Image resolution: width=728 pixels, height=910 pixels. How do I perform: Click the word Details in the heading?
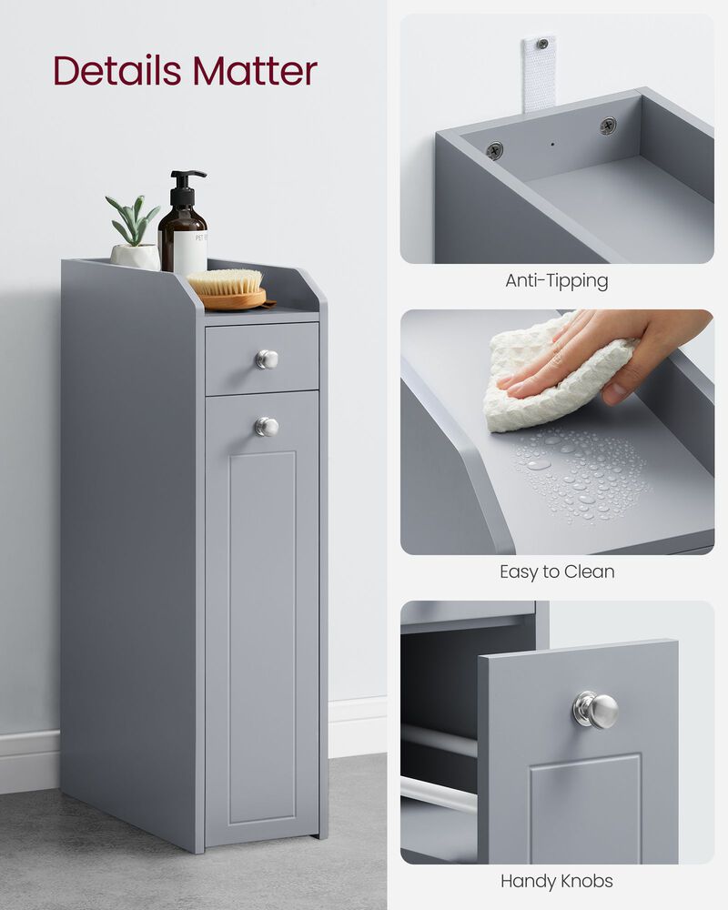[115, 71]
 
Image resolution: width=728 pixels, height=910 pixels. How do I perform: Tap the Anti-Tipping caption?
[556, 280]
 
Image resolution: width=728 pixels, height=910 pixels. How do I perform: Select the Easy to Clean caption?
[557, 571]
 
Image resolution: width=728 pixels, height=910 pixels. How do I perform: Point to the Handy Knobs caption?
[556, 881]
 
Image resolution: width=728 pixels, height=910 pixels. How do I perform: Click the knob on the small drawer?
[266, 359]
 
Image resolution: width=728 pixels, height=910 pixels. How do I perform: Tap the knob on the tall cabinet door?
[266, 426]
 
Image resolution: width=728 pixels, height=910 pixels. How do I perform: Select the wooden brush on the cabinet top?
[227, 287]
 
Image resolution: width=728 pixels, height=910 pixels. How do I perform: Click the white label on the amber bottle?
[190, 251]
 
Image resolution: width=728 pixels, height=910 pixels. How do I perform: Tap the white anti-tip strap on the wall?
[539, 73]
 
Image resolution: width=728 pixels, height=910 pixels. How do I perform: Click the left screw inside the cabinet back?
[494, 150]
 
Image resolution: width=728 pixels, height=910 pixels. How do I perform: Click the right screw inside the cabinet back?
[608, 126]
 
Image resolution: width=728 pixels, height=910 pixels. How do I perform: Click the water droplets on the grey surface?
[582, 473]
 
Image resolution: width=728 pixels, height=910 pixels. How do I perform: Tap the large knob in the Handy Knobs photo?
[596, 709]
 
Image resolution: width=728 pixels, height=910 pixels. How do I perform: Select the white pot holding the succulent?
[135, 256]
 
